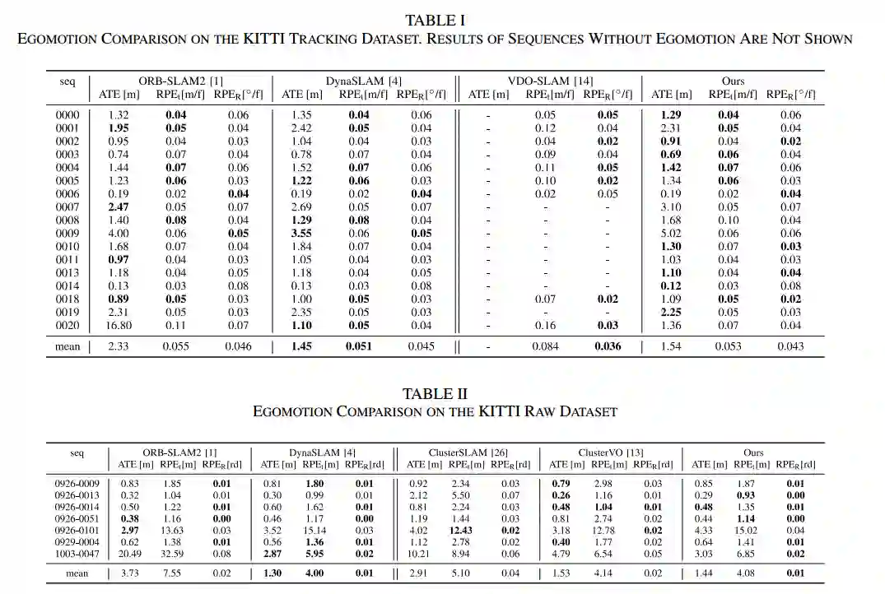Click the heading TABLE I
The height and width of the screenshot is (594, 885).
441,20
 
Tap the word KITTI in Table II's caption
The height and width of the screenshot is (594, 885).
498,411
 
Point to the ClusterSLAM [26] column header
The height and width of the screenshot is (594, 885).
468,452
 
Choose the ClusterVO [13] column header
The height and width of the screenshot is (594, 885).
611,452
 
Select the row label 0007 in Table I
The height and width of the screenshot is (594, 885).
68,207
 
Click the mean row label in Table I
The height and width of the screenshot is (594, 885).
68,346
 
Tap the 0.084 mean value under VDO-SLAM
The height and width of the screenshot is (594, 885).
545,346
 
